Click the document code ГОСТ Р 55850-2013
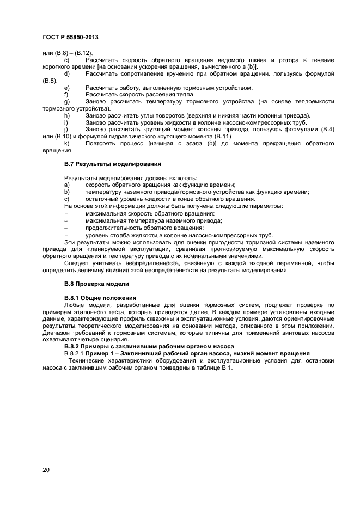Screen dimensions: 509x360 click(x=70, y=38)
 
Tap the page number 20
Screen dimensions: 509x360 click(x=46, y=469)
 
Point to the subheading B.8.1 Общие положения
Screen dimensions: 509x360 click(x=100, y=298)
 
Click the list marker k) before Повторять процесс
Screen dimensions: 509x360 click(x=66, y=143)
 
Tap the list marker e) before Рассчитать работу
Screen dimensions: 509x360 click(x=66, y=88)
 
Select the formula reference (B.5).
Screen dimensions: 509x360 click(x=50, y=81)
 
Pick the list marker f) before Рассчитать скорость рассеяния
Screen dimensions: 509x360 click(x=66, y=94)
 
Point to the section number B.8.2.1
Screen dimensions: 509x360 click(x=75, y=353)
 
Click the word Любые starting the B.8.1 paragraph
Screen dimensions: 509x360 click(x=75, y=305)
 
